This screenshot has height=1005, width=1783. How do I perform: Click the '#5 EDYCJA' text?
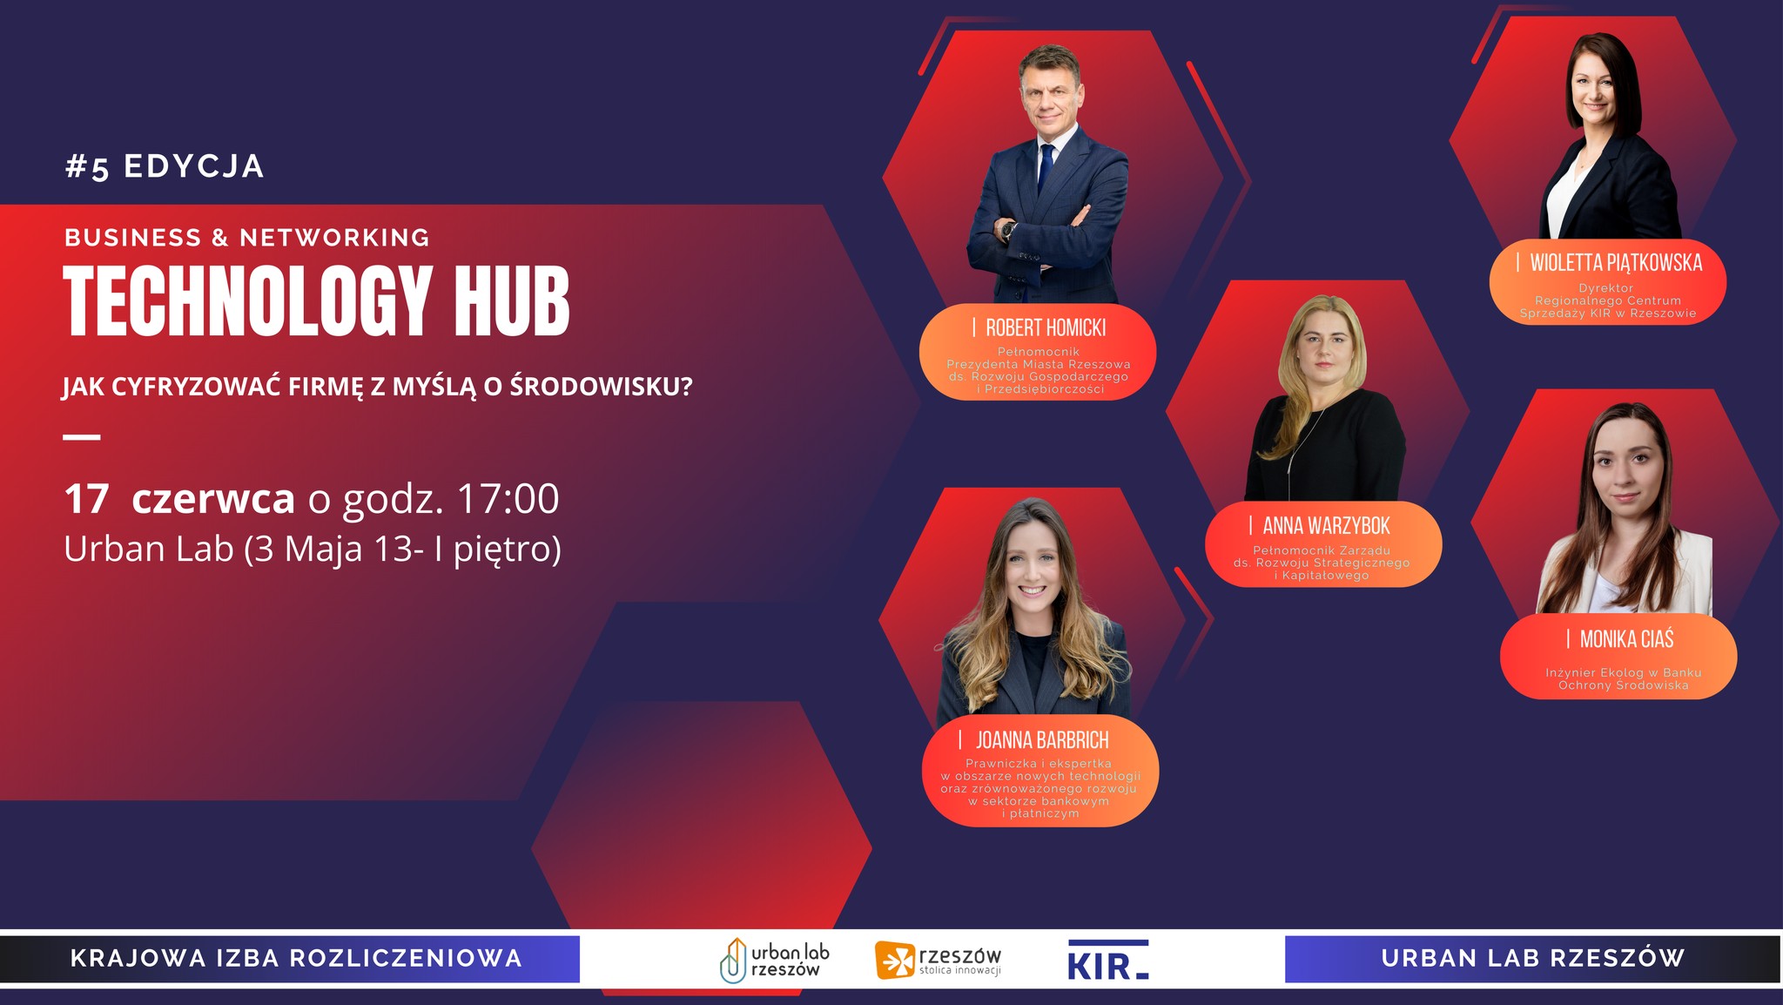165,166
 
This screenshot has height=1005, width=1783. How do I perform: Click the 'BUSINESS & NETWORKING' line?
247,237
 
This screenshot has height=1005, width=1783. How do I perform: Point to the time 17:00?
508,498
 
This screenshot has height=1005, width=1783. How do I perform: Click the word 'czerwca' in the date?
213,499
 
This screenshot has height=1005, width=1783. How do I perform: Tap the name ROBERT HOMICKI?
1046,327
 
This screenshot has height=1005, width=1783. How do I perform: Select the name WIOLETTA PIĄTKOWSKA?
1616,262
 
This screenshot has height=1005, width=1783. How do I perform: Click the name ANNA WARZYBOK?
1326,525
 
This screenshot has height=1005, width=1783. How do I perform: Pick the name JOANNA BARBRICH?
1042,740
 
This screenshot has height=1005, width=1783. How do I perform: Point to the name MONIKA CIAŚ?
1626,638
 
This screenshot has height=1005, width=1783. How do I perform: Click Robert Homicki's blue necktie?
1045,167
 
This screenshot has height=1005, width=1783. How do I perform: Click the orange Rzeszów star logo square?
894,961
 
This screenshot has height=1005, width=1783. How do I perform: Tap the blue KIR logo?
1107,960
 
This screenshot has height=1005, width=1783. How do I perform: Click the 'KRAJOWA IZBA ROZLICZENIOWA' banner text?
296,958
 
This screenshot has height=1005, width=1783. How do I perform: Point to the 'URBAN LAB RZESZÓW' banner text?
1532,958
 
